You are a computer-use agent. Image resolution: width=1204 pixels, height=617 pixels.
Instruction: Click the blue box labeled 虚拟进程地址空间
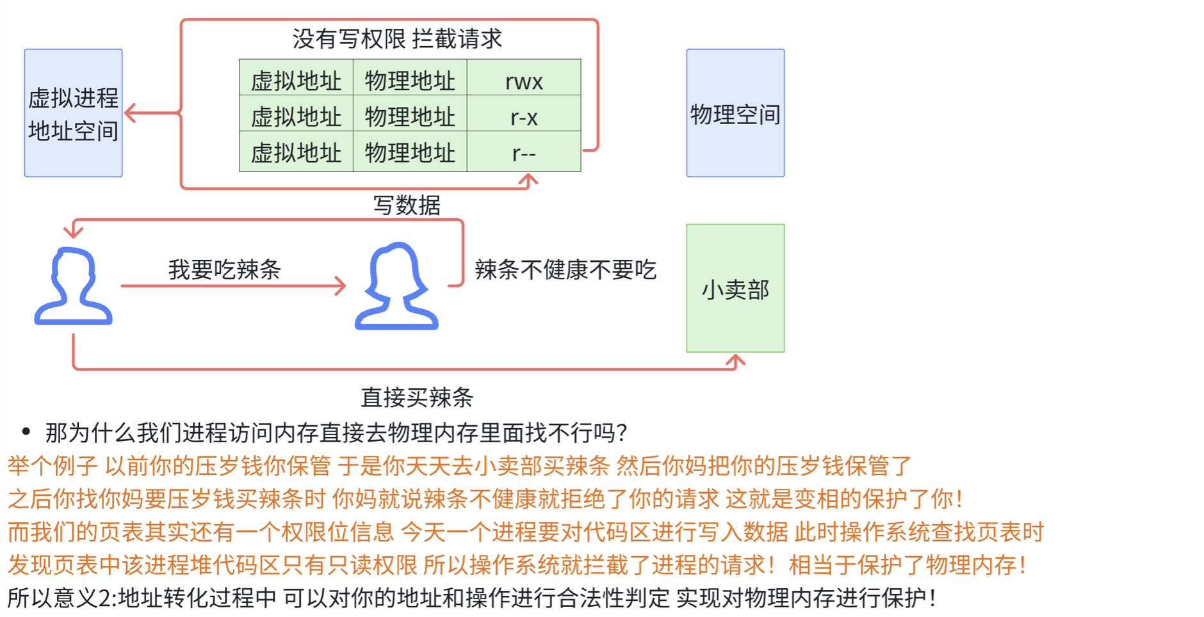click(73, 113)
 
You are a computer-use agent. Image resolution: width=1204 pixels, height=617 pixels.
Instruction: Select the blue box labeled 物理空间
click(735, 113)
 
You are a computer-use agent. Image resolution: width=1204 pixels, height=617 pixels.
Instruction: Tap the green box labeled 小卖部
click(735, 288)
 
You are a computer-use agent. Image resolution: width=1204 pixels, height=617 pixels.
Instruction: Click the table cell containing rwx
click(524, 77)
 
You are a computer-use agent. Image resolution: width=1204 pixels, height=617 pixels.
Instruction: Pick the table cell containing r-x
click(524, 113)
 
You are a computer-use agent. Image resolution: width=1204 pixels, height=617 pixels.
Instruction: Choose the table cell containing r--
click(524, 151)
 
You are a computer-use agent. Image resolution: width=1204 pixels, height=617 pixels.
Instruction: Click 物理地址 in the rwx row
click(410, 81)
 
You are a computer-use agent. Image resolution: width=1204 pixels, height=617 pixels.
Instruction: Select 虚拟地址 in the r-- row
click(296, 153)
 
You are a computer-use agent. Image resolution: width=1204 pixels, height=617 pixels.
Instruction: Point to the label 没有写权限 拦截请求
click(397, 39)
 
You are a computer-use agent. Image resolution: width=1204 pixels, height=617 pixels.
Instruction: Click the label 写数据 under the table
click(407, 205)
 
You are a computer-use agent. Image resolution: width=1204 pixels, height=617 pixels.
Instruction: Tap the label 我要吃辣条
click(224, 269)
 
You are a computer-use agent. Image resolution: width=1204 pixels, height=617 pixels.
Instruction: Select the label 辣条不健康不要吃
click(565, 269)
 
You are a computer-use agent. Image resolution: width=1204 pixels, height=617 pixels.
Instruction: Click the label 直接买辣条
click(417, 397)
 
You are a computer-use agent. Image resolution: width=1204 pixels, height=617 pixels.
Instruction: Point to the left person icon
click(73, 286)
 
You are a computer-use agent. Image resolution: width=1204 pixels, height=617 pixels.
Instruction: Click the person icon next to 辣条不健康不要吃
click(396, 286)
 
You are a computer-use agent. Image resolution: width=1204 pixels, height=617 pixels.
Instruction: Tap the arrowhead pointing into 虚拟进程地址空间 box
click(130, 113)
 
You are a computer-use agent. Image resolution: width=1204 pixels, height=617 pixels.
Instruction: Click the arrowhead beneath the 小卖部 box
click(735, 361)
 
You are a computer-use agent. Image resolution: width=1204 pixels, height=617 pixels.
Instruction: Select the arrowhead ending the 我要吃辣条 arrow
click(340, 285)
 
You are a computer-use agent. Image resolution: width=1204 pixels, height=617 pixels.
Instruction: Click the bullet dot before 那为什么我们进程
click(26, 432)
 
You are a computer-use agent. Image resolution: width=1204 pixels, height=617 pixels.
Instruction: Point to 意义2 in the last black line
click(82, 598)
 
